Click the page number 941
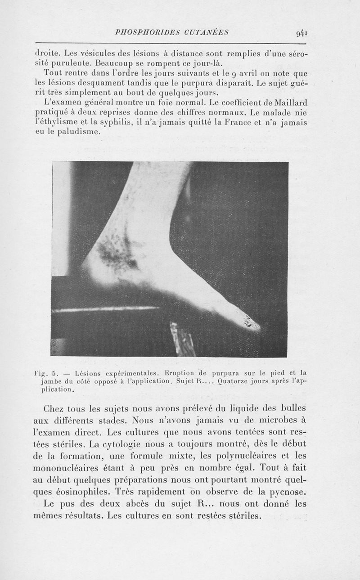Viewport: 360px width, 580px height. pyautogui.click(x=301, y=33)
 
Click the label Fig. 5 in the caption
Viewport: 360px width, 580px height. pyautogui.click(x=46, y=373)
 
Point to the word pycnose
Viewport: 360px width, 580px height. pyautogui.click(x=283, y=490)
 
